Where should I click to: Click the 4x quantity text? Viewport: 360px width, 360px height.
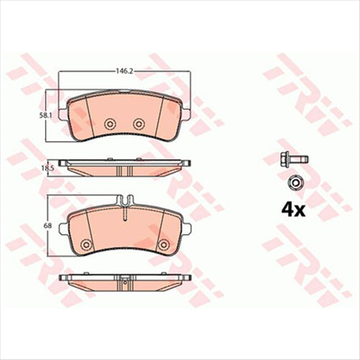point(292,210)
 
